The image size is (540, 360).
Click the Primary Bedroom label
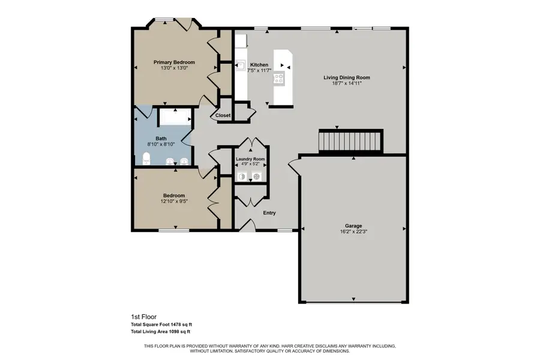coord(174,62)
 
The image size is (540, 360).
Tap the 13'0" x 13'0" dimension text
coord(174,68)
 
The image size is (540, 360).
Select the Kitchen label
coord(259,65)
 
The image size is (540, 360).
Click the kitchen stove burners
coord(279,78)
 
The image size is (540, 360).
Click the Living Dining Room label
coord(346,77)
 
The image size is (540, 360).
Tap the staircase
coord(350,140)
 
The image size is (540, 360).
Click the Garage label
coord(353,226)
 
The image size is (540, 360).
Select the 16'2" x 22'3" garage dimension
coord(353,232)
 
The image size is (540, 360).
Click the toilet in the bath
coord(147,158)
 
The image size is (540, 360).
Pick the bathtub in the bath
coord(175,117)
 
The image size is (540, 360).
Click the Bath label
coord(161,139)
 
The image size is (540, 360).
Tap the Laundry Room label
coord(250,159)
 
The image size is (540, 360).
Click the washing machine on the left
coord(242,177)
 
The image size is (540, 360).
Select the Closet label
coord(223,115)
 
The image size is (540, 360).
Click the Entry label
coord(269,213)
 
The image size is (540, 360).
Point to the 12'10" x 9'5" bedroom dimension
coord(174,201)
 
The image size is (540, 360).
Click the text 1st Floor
coord(143,317)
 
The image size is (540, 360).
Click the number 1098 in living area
coord(174,332)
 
